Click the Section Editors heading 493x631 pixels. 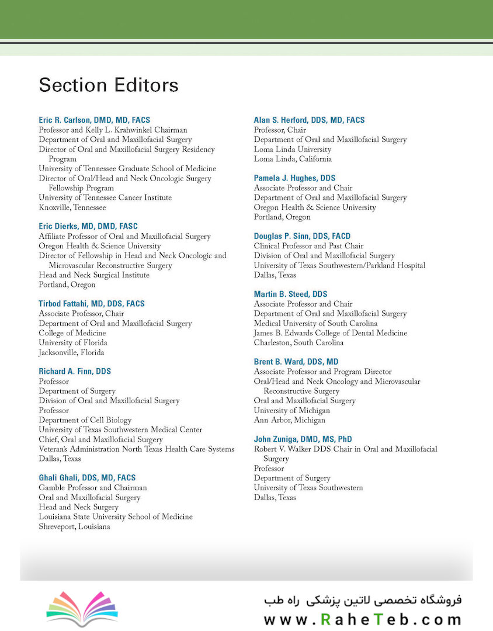[x=109, y=85]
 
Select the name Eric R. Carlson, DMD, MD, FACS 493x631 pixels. [x=95, y=120]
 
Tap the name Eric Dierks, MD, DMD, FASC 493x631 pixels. [x=88, y=226]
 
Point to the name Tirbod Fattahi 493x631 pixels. [x=92, y=304]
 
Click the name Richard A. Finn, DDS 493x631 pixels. [x=75, y=372]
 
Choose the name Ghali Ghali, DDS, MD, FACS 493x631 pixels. [x=87, y=478]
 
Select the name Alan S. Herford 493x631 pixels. [x=309, y=120]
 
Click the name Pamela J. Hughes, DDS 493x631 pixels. [x=294, y=178]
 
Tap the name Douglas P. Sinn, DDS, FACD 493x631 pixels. [x=302, y=236]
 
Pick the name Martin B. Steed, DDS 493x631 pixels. [x=290, y=294]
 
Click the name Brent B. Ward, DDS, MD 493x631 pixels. [x=296, y=362]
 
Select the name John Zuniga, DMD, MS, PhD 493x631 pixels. [x=303, y=439]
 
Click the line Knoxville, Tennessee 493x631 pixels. [x=72, y=207]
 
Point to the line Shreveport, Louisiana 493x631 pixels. [x=74, y=526]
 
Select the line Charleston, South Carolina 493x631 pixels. [x=298, y=342]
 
